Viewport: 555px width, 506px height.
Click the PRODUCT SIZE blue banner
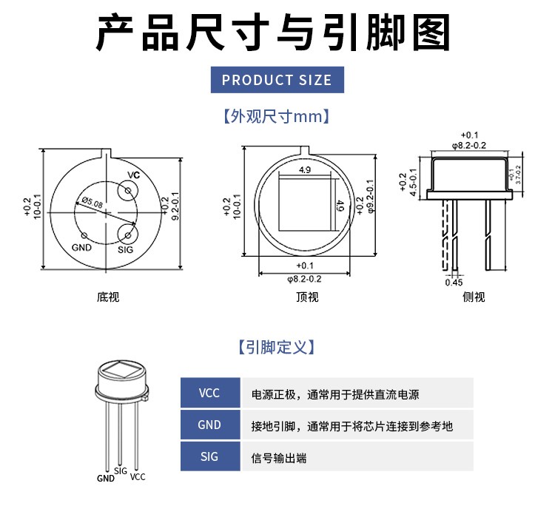[277, 80]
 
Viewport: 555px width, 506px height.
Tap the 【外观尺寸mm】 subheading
[277, 117]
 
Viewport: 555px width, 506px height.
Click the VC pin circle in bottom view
[128, 191]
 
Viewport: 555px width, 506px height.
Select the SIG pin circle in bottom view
[128, 236]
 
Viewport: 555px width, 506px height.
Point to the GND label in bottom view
[81, 247]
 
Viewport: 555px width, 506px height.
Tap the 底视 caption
[108, 297]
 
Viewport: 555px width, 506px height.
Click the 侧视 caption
[474, 297]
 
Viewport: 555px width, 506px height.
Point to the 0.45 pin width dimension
[454, 282]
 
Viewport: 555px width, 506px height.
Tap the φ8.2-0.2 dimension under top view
[303, 279]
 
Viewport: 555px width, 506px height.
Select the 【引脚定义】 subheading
[277, 347]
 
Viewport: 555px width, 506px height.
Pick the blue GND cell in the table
[210, 425]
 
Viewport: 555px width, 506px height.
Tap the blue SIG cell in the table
[210, 456]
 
